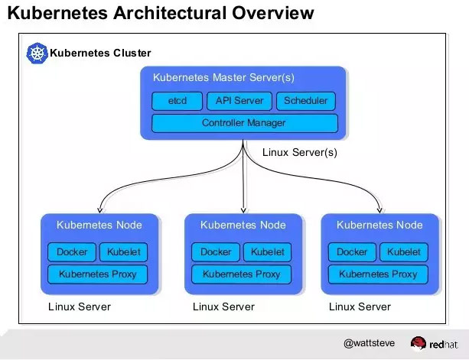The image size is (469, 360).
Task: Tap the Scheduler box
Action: click(305, 101)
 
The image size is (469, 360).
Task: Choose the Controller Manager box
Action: click(244, 123)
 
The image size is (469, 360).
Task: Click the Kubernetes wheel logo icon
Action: click(37, 53)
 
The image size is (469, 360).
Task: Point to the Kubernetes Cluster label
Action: click(100, 54)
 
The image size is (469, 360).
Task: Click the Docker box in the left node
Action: click(72, 252)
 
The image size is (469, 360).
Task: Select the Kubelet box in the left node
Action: click(122, 252)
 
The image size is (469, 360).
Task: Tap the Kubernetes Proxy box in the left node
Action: click(97, 274)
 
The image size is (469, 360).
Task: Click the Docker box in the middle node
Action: click(216, 252)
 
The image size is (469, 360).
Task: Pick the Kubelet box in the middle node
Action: click(267, 252)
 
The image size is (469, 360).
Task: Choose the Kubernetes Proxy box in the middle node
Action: click(241, 274)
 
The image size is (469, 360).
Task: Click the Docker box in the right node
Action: click(352, 252)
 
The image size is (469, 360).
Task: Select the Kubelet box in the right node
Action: click(403, 252)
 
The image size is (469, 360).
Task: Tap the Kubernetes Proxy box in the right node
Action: click(378, 274)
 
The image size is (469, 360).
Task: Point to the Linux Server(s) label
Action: click(299, 152)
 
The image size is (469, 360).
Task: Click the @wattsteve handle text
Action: click(370, 344)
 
